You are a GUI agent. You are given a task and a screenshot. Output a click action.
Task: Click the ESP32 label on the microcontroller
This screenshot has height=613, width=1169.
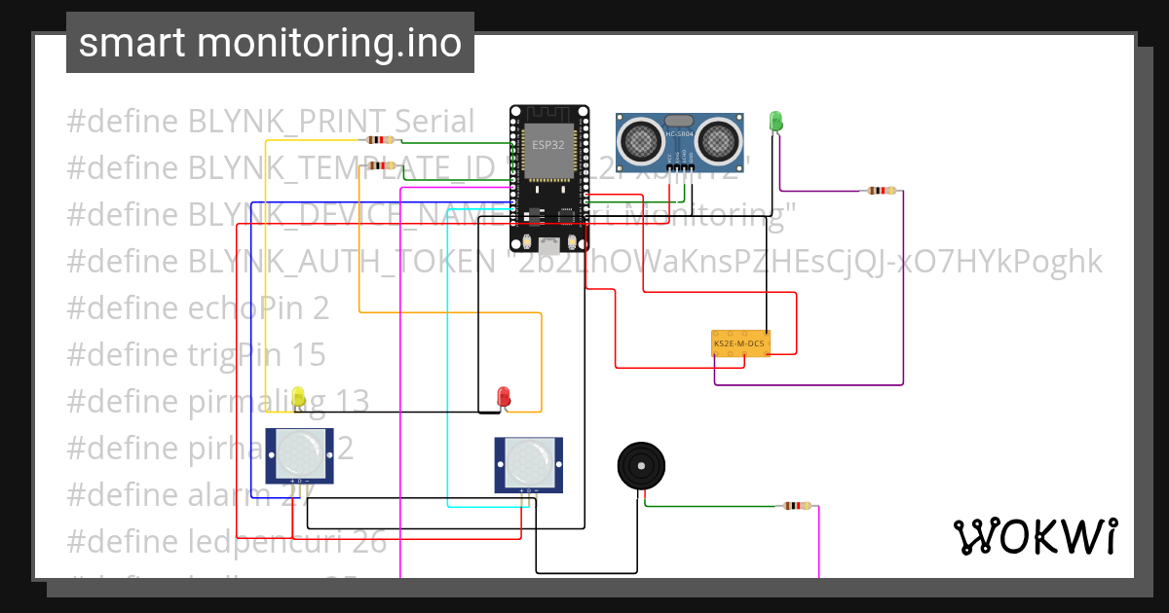(547, 145)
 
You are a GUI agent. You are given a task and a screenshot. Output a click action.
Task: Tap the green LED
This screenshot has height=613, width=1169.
(776, 122)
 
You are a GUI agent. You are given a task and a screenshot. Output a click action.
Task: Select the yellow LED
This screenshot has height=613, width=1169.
(298, 396)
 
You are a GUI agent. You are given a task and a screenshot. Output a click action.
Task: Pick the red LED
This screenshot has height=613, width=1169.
(504, 396)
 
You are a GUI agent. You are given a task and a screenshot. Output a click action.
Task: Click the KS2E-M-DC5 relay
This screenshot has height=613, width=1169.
(741, 343)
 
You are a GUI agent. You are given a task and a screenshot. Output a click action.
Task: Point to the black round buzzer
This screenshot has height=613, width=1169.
(642, 466)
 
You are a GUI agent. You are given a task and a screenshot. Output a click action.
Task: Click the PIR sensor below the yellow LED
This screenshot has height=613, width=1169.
(300, 454)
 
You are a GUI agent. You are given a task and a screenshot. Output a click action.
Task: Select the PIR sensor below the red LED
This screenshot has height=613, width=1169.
(529, 463)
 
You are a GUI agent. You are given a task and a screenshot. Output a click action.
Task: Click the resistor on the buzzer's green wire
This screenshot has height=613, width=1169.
(796, 506)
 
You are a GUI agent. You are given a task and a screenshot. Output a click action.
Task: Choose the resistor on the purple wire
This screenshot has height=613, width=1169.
(881, 191)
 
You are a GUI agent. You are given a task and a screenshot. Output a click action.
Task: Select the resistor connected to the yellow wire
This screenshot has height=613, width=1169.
(381, 140)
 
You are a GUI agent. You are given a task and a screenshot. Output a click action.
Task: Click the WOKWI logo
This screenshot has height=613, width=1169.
(1035, 536)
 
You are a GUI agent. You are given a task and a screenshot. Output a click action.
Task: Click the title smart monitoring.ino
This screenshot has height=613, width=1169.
(270, 43)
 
